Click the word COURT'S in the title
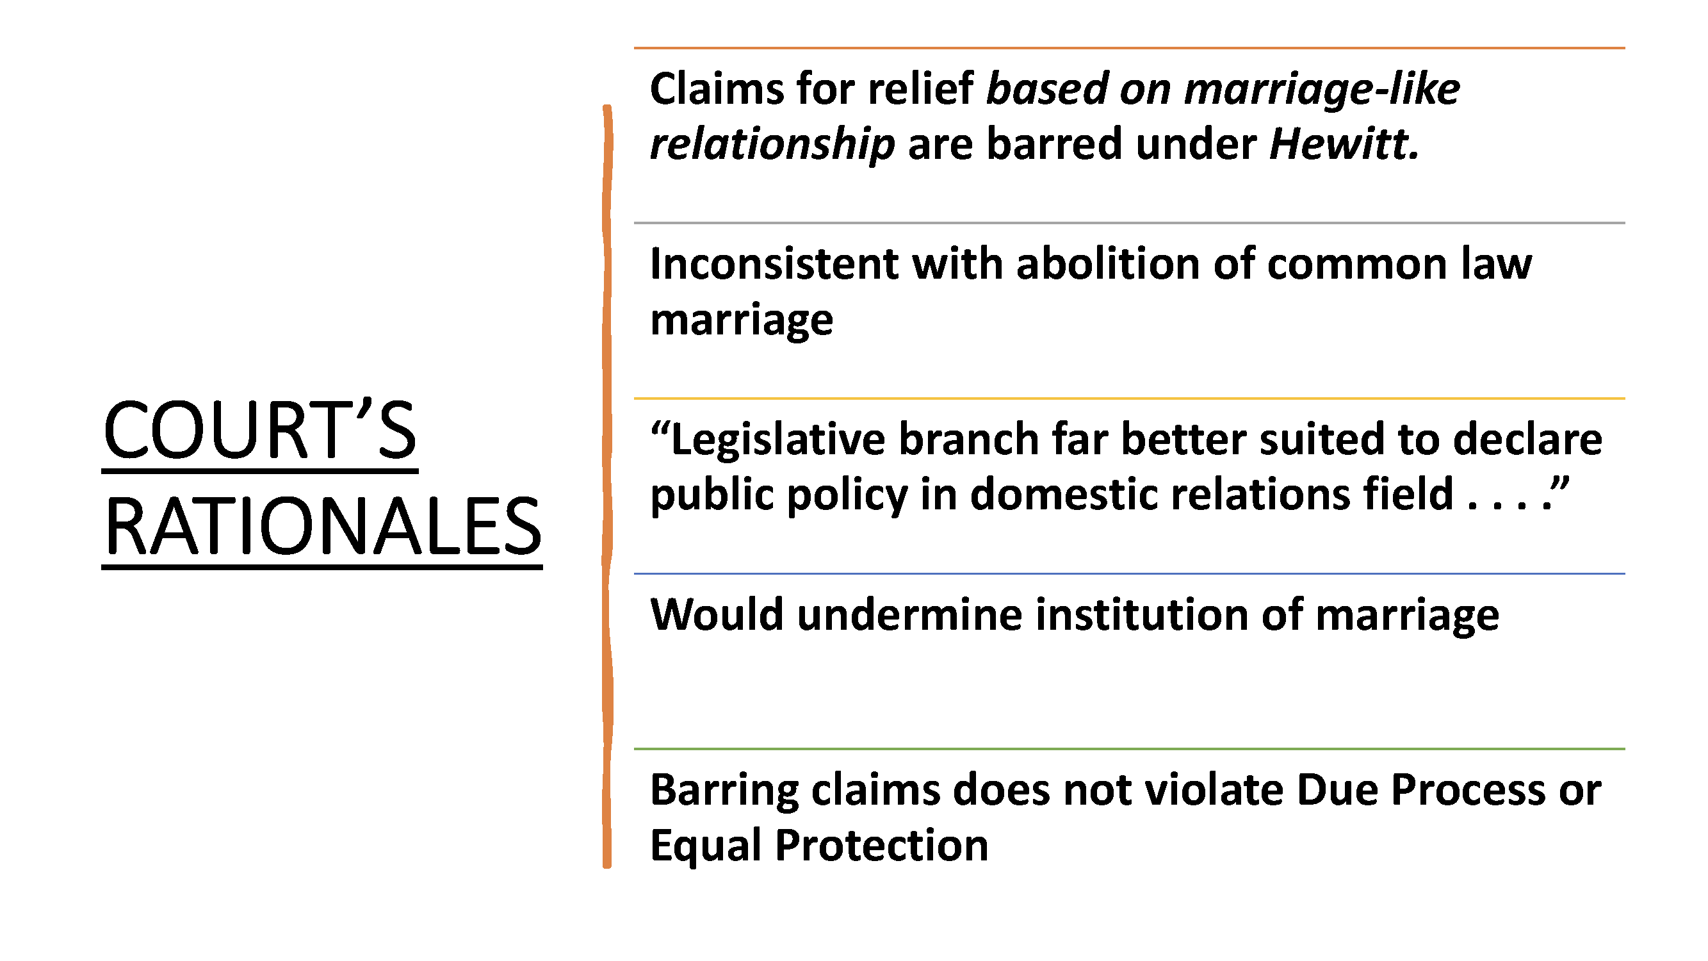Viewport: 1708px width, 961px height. [259, 431]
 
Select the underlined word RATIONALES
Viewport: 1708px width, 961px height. [323, 527]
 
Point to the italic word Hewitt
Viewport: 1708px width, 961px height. [1344, 144]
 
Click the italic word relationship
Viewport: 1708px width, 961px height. [772, 145]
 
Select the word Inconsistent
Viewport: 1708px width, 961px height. [774, 264]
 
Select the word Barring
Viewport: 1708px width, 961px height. [724, 791]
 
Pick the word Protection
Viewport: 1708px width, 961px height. [881, 846]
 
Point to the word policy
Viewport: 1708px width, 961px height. [847, 496]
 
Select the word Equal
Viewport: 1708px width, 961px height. [706, 847]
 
